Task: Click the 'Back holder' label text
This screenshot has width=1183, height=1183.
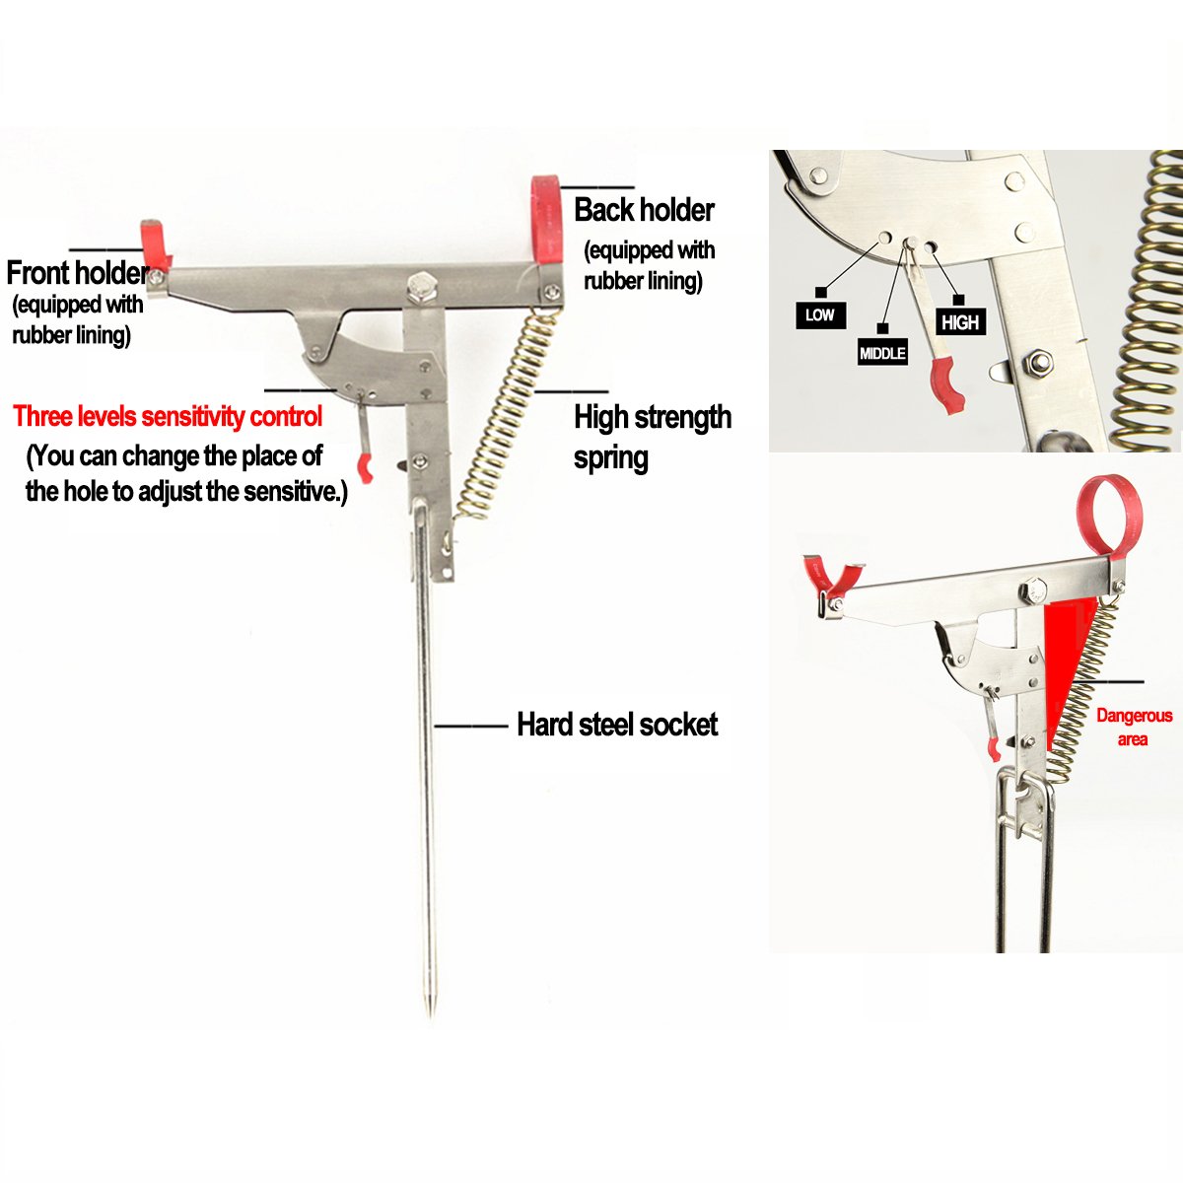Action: coord(644,210)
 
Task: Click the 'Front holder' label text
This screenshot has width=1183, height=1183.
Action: coord(77,272)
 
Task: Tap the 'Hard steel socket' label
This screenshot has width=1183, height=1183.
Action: coord(617,725)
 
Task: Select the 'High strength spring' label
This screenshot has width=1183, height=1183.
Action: coord(651,437)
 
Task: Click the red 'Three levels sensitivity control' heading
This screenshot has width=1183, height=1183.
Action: coord(168,416)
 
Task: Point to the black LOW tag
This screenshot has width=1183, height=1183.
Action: coord(819,315)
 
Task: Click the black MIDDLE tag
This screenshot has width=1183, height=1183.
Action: coord(881,353)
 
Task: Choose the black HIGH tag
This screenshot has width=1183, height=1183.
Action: coord(959,322)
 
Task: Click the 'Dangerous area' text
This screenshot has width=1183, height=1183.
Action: coord(1134,727)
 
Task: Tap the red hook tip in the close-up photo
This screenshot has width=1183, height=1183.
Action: coord(950,388)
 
